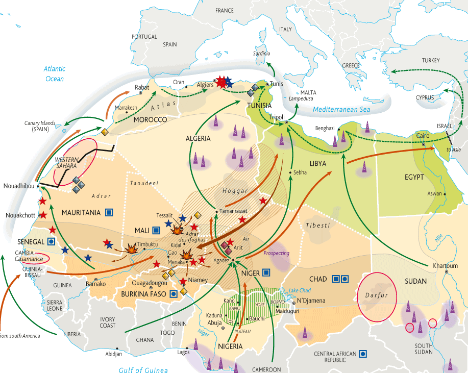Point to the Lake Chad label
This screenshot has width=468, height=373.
tap(300, 290)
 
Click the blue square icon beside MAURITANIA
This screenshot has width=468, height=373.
tap(109, 212)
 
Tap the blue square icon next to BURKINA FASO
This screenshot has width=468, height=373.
tap(174, 294)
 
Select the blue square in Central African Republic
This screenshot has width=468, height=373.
tap(363, 353)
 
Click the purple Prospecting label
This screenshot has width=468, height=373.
tap(276, 253)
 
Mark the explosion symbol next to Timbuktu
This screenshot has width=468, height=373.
tap(132, 248)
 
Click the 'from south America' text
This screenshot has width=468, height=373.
tap(20, 335)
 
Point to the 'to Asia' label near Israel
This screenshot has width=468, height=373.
tap(453, 150)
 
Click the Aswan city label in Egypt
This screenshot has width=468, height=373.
tap(434, 194)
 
